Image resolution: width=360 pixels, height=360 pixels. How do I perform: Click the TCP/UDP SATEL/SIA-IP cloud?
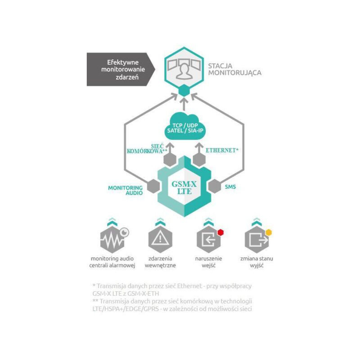(x=185, y=128)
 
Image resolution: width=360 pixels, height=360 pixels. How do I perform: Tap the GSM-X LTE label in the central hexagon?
(x=184, y=187)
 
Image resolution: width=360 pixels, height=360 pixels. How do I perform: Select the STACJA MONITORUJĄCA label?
(x=234, y=69)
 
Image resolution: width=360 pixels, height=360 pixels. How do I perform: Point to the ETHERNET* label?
(x=222, y=151)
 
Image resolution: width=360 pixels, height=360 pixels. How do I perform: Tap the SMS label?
(x=230, y=187)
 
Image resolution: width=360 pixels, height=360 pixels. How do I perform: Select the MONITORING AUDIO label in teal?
(x=126, y=190)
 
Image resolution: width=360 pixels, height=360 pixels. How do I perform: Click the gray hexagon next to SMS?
(x=215, y=186)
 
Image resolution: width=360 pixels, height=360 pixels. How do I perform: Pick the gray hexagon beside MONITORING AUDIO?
(x=153, y=186)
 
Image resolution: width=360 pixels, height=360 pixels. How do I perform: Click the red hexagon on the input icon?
(x=220, y=232)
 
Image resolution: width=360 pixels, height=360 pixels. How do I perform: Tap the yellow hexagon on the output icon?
(x=269, y=232)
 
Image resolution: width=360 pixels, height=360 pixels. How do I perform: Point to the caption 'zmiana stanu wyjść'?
(x=256, y=262)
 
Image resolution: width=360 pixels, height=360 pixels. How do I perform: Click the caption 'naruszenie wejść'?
(x=208, y=262)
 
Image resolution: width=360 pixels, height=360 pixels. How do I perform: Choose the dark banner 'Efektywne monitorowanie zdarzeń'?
(x=121, y=69)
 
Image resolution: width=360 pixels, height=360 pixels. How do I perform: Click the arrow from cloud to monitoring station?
(x=184, y=104)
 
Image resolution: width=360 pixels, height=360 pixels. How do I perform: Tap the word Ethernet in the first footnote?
(x=189, y=286)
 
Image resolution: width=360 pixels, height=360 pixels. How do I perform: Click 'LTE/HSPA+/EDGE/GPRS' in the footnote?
(x=126, y=309)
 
